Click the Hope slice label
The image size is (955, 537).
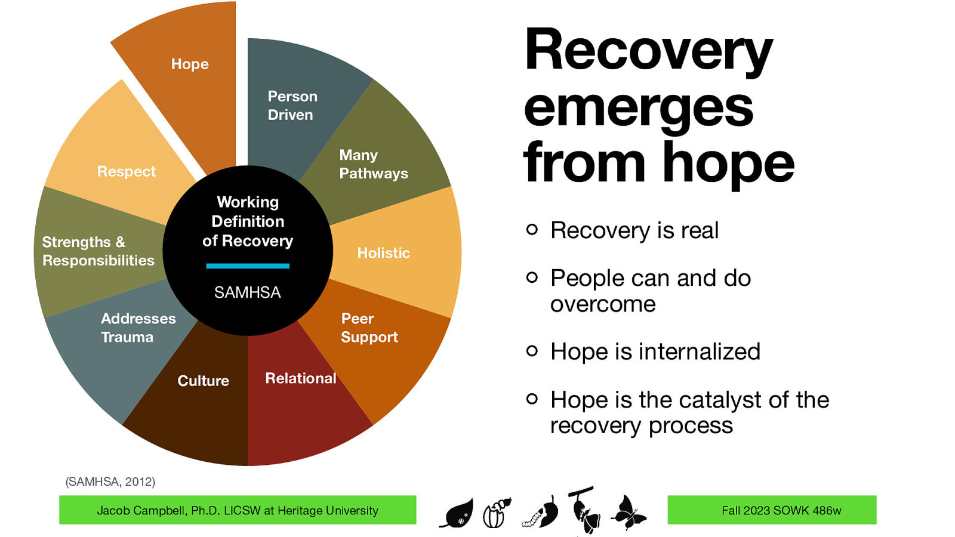pyautogui.click(x=190, y=64)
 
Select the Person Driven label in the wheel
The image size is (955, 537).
pyautogui.click(x=292, y=106)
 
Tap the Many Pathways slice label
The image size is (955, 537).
pyautogui.click(x=373, y=164)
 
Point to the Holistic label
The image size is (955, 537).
pyautogui.click(x=383, y=253)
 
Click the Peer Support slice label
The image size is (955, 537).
pyautogui.click(x=369, y=328)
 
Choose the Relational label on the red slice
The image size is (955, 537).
pyautogui.click(x=300, y=378)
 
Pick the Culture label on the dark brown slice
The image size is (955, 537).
pyautogui.click(x=203, y=381)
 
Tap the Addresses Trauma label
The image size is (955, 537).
pyautogui.click(x=138, y=328)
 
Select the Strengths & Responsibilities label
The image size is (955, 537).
pyautogui.click(x=98, y=251)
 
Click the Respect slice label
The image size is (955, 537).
pyautogui.click(x=126, y=172)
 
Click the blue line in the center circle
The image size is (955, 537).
pyautogui.click(x=247, y=266)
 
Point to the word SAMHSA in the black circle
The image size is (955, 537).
pyautogui.click(x=247, y=292)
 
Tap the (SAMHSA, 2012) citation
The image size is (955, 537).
pyautogui.click(x=110, y=482)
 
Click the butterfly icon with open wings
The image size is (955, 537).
pyautogui.click(x=629, y=513)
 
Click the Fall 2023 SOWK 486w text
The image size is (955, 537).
pyautogui.click(x=781, y=511)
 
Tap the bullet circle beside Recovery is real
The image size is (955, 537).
pyautogui.click(x=532, y=229)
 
